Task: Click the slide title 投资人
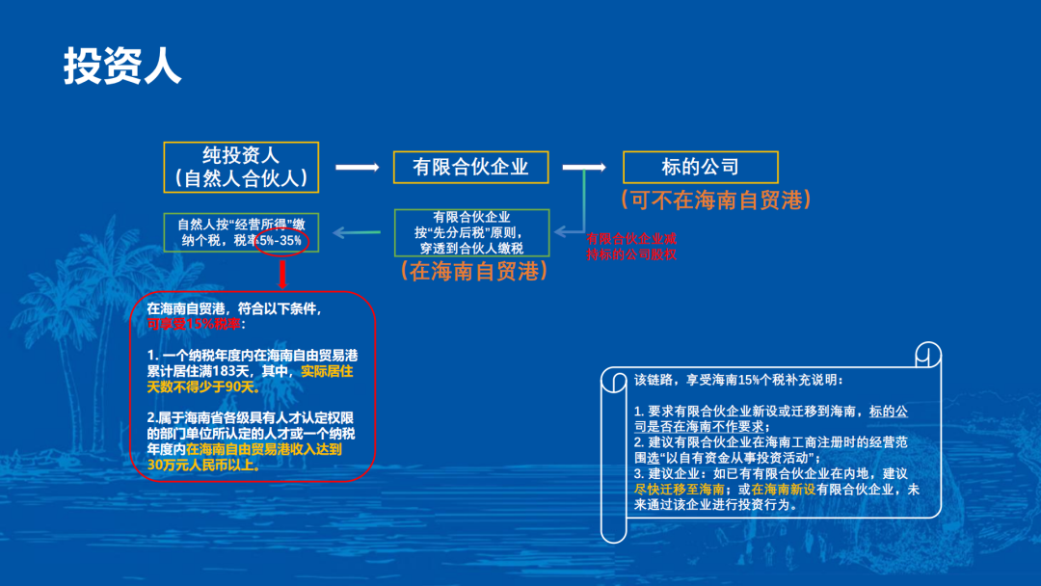click(x=122, y=67)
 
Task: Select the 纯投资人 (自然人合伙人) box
click(x=240, y=167)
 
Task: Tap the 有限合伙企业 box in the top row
click(x=470, y=167)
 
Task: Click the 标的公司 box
click(x=700, y=167)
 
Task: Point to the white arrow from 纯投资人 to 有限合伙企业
click(x=356, y=168)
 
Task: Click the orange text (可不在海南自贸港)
click(x=714, y=200)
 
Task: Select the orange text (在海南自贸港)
click(x=473, y=271)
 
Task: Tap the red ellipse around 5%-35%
click(x=281, y=240)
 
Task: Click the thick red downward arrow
click(x=282, y=275)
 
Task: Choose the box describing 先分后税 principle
click(x=470, y=232)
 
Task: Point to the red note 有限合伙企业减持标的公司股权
click(x=632, y=247)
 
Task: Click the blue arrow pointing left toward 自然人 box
click(x=360, y=232)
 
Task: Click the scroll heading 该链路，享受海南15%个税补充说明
click(x=738, y=379)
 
